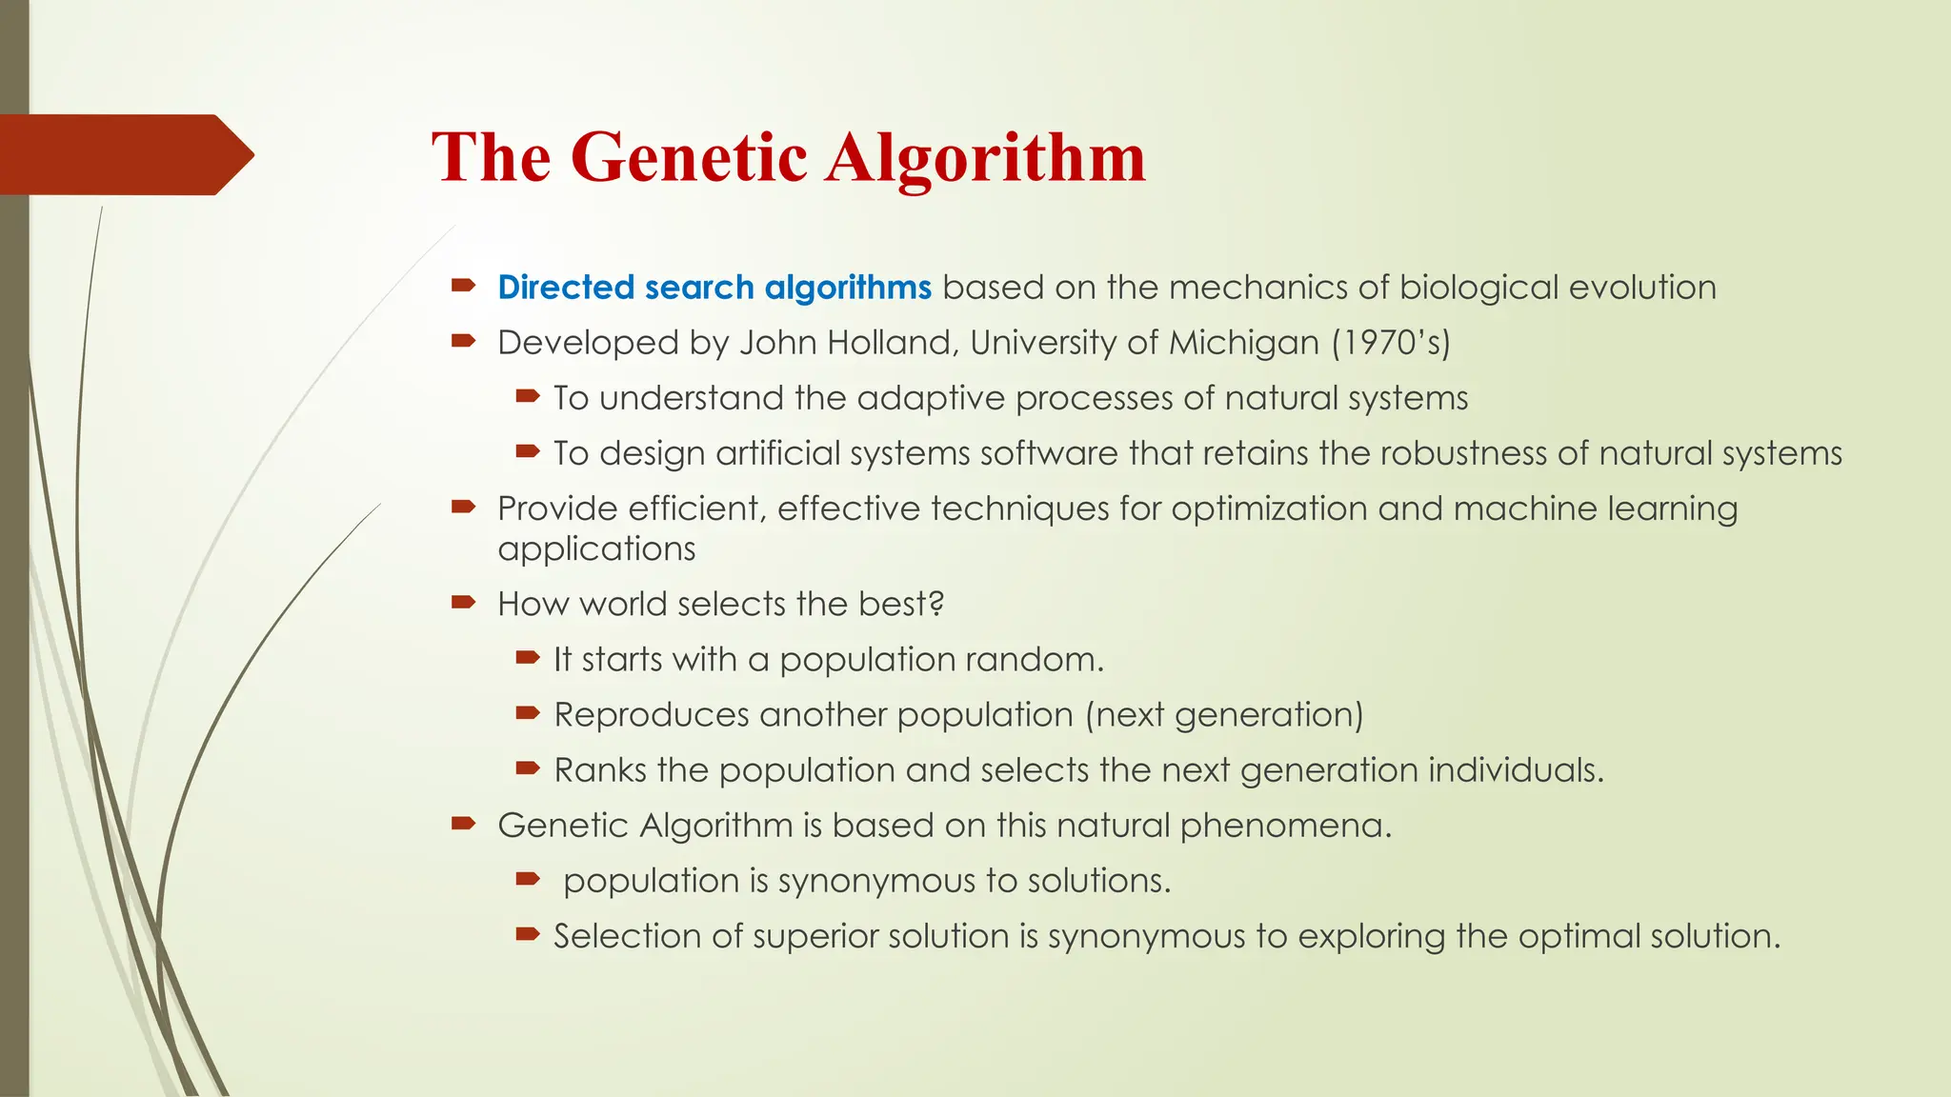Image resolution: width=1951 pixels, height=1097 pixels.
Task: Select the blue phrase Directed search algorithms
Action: [x=714, y=288]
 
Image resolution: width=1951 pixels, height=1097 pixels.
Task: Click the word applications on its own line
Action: [x=596, y=549]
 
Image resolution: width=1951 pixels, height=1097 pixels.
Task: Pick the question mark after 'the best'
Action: [x=937, y=604]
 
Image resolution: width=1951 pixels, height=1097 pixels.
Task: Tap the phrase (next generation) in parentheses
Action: [x=1224, y=715]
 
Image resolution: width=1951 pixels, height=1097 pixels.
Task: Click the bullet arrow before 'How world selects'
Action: [x=464, y=602]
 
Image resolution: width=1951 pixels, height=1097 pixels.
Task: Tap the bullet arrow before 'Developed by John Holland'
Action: [x=464, y=341]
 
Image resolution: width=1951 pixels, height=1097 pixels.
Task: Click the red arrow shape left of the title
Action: [x=124, y=154]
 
